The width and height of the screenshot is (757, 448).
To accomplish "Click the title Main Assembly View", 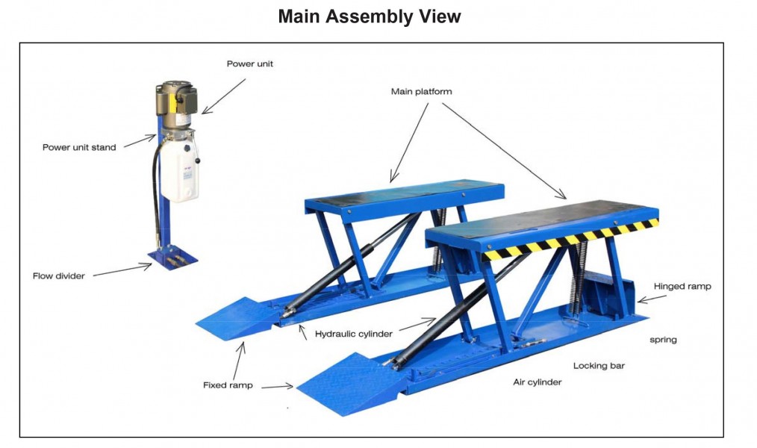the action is pos(370,16).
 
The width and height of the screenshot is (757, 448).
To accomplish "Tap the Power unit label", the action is pos(250,63).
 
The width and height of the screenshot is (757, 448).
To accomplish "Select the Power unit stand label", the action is pos(79,147).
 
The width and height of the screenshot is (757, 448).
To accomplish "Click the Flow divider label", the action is pos(58,276).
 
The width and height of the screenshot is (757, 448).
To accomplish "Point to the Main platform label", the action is pos(422,92).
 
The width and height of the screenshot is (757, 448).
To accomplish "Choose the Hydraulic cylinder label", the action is pos(353,334).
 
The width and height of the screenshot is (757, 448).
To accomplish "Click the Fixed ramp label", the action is pos(228,385).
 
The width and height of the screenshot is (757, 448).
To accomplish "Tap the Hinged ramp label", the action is pos(682,286).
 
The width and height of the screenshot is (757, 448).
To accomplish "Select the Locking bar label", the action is pos(599,366).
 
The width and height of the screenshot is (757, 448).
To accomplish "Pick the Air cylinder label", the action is pos(538,382).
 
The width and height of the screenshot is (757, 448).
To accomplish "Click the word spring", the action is pos(664,340).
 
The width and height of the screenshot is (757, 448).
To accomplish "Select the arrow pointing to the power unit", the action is pos(223,96).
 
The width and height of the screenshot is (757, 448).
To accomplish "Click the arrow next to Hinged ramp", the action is pos(652,298).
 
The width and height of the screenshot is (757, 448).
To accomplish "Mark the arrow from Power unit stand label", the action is pos(140,141).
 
